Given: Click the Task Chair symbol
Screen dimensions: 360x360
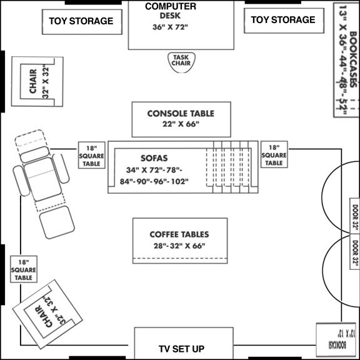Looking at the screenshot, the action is [181, 62].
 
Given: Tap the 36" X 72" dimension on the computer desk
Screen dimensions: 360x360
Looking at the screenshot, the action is [170, 27].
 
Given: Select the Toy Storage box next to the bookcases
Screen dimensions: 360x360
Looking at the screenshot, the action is [284, 21].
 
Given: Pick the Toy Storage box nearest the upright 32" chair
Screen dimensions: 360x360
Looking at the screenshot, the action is [82, 22].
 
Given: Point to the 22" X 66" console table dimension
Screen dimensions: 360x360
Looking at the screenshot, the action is [181, 124].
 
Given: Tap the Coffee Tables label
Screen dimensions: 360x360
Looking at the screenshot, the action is [179, 234].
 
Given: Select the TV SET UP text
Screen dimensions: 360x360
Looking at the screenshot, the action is [181, 349].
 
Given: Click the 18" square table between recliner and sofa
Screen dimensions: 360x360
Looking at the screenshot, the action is [92, 155].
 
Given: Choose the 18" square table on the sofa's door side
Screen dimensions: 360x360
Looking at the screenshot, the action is [274, 154].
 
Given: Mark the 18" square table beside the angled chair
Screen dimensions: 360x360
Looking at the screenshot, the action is [24, 269].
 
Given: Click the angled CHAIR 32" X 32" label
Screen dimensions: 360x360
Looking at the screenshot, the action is [50, 312].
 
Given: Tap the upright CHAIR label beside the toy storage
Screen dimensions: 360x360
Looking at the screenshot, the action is [33, 81].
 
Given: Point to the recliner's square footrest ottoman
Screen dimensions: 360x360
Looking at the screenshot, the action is [57, 222].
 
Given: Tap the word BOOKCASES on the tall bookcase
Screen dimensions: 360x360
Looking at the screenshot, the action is [353, 59].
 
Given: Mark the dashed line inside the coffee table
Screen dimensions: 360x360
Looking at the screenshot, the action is [180, 258].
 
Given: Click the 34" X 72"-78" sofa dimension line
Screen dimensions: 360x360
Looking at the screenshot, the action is [154, 170].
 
